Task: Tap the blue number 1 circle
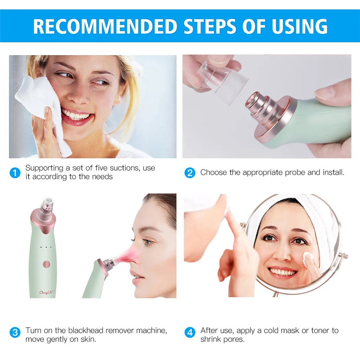pos(15,173)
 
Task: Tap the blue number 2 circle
pos(190,173)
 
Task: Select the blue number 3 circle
pos(15,332)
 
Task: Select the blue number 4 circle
pos(190,332)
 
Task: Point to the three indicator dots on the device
pos(46,247)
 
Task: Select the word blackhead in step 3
pos(86,331)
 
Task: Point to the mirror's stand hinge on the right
pos(343,255)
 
